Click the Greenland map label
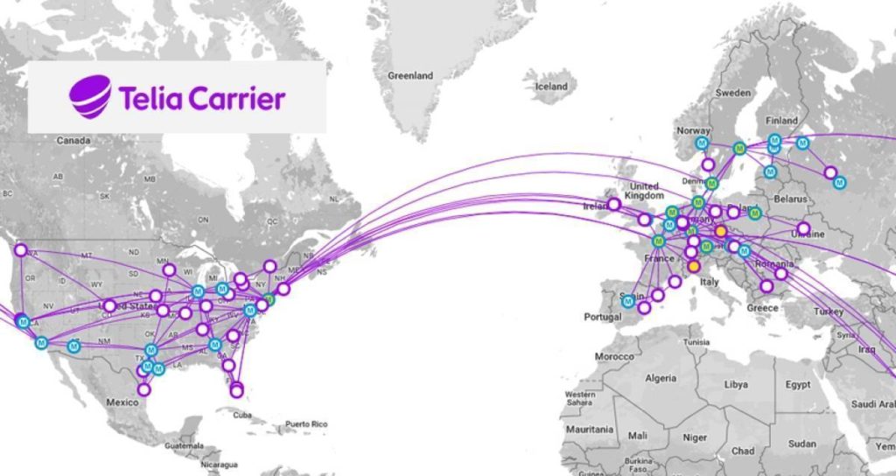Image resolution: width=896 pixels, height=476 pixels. coord(410,76)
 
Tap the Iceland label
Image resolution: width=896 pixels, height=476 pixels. coord(551,87)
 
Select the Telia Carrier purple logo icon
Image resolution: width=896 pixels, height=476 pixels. coord(90,96)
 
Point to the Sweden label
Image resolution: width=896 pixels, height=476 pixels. coord(732,92)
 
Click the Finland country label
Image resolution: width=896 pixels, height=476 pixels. coord(781,120)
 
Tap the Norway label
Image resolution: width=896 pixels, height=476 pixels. coord(693,131)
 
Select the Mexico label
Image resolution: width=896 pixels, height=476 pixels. coord(122,402)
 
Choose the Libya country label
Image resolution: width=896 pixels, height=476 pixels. coord(736,384)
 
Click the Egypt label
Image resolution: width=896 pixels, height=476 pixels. coord(797,384)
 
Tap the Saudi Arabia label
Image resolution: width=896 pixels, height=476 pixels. coord(872,404)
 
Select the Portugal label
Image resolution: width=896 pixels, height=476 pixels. coord(605,316)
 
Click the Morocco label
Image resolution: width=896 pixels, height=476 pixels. coord(616,357)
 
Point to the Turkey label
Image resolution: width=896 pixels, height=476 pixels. coord(828,311)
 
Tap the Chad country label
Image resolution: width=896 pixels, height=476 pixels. coord(743,451)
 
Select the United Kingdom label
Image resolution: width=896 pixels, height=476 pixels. coord(644,192)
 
